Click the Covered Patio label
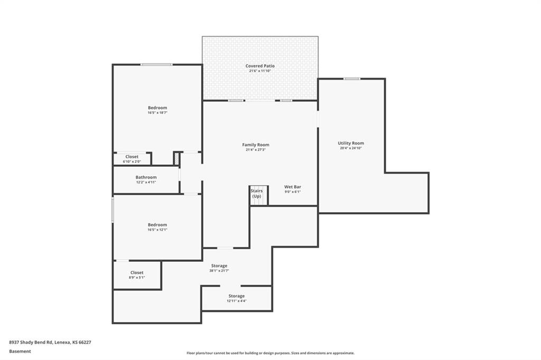(x=260, y=66)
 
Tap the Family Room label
(x=256, y=145)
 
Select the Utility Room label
(x=351, y=143)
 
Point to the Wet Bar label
(x=293, y=187)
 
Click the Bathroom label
(x=146, y=177)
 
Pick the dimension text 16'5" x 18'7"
(x=157, y=112)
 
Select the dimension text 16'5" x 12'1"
(x=157, y=230)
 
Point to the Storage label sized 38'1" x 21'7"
(x=219, y=266)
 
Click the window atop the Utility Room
(x=351, y=79)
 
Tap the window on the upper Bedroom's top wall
(x=156, y=64)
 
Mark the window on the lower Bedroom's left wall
(x=113, y=210)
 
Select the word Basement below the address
(x=20, y=351)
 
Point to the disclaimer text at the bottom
(x=270, y=353)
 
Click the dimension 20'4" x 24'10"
(x=351, y=148)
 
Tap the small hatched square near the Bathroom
(x=176, y=158)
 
